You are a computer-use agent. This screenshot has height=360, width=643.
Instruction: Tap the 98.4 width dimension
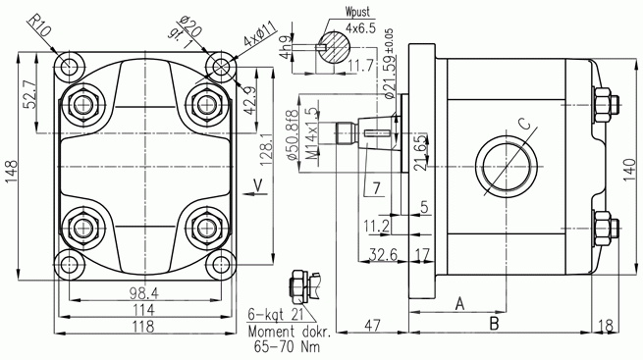point(144,293)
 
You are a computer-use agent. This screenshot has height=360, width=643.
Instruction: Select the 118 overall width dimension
point(142,327)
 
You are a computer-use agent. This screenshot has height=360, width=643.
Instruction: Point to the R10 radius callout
point(39,26)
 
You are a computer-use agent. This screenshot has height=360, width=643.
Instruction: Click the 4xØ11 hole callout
point(260,33)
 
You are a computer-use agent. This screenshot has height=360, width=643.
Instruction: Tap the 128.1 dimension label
point(267,147)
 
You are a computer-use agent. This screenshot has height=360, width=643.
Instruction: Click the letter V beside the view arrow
point(257,185)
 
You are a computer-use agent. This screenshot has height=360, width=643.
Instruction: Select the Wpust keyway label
point(357,12)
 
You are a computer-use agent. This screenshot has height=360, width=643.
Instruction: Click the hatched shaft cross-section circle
point(334,47)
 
